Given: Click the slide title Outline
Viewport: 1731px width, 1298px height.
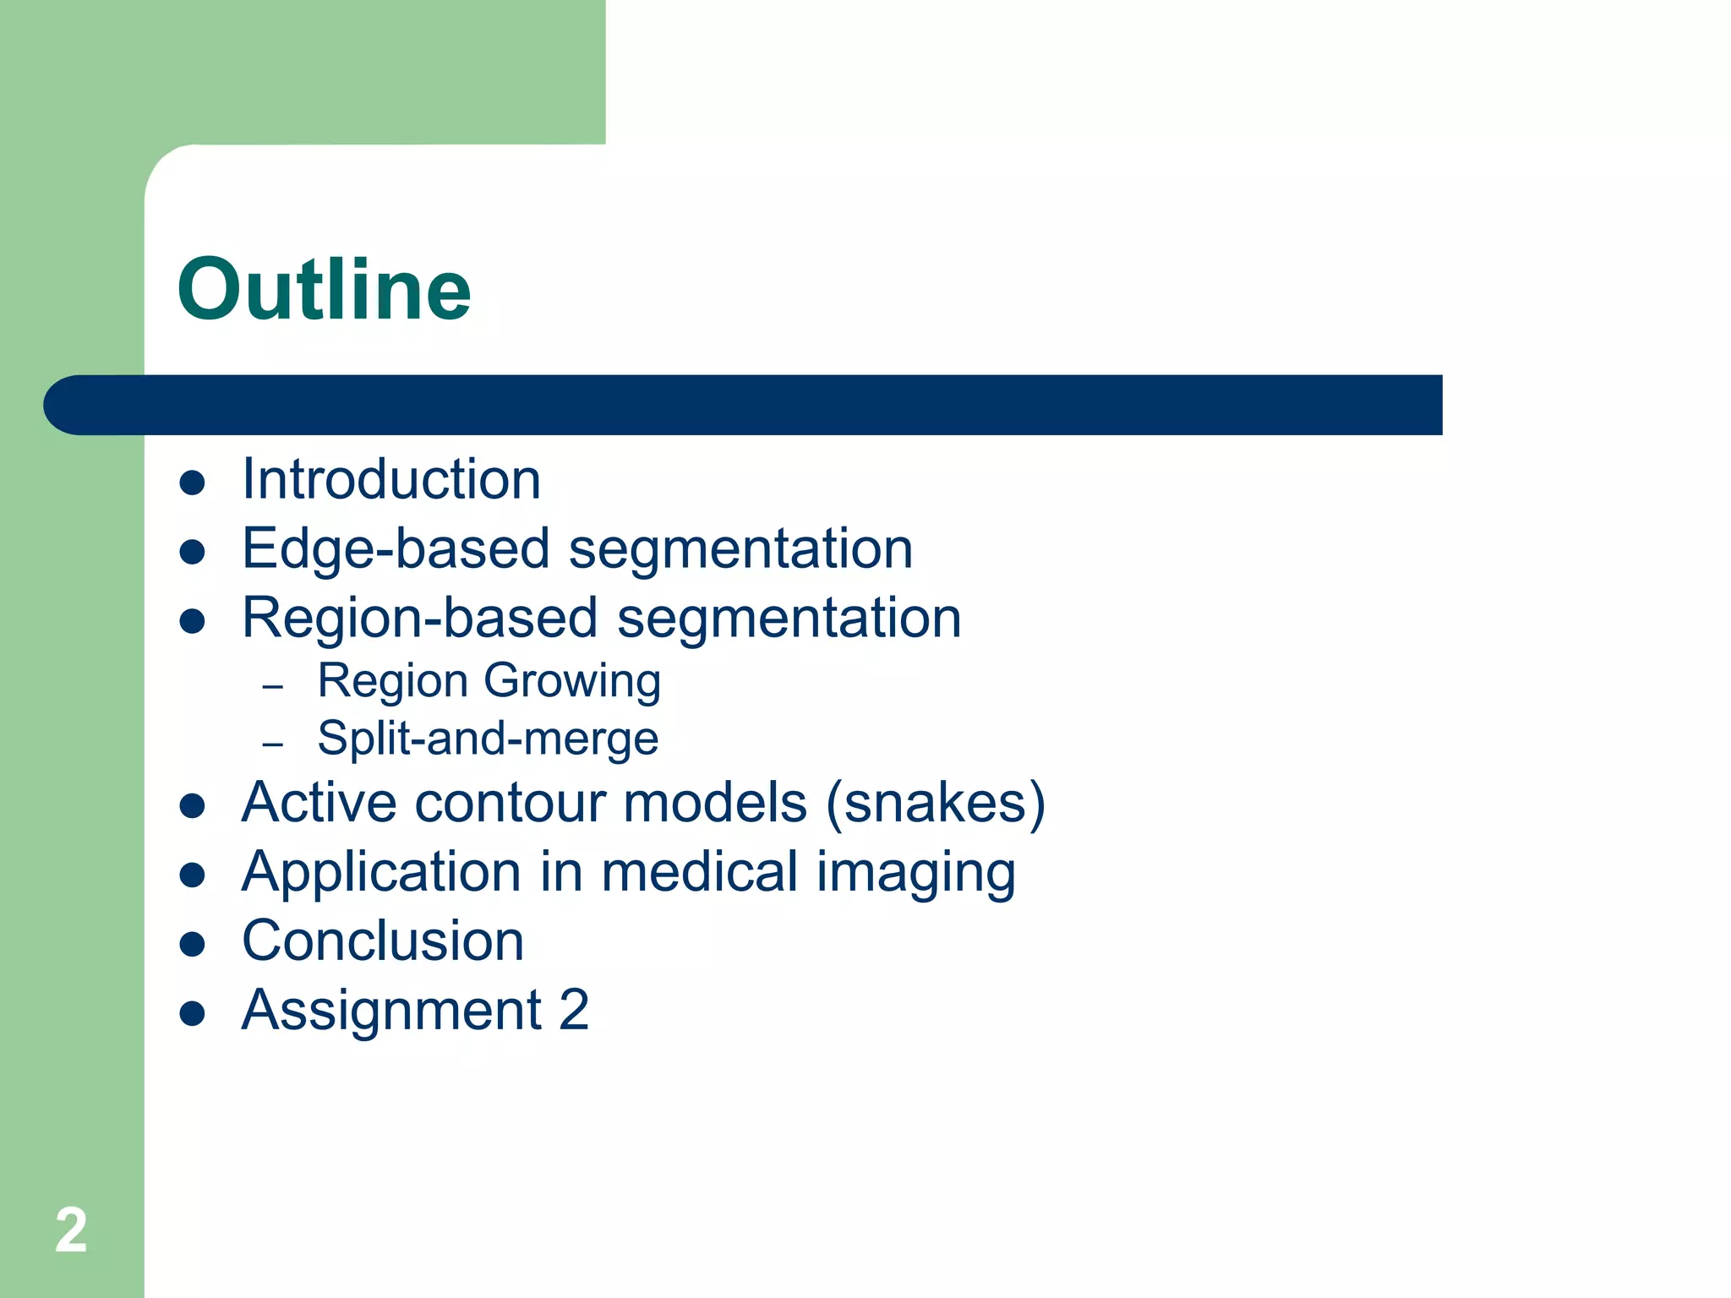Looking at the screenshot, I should [324, 290].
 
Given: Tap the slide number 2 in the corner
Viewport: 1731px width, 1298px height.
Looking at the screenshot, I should [71, 1230].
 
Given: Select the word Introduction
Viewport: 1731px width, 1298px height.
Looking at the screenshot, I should [390, 479].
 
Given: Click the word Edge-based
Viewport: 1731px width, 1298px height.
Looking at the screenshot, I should [396, 549].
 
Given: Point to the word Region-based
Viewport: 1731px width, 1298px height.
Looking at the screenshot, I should [420, 618].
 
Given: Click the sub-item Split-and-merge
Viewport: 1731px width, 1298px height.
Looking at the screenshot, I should [488, 739].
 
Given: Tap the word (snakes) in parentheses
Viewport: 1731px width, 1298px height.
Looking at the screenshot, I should [936, 803].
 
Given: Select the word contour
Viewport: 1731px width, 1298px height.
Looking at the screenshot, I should [510, 803].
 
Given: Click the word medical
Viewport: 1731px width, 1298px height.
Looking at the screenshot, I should [699, 872].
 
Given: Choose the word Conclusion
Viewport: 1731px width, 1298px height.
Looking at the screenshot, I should [383, 941].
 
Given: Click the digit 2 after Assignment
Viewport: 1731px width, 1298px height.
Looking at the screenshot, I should [574, 1010].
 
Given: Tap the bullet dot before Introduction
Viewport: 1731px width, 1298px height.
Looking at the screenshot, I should [193, 483].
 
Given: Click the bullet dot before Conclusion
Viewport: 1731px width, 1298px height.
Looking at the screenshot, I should [193, 945].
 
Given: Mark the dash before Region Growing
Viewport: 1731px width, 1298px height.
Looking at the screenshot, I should [272, 687].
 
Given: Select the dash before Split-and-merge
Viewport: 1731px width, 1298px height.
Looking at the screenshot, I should [272, 744].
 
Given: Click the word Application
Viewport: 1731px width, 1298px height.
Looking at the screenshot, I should [381, 874].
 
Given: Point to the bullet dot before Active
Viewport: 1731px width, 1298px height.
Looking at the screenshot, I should [193, 806].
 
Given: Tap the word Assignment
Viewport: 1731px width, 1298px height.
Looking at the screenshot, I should [391, 1012].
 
